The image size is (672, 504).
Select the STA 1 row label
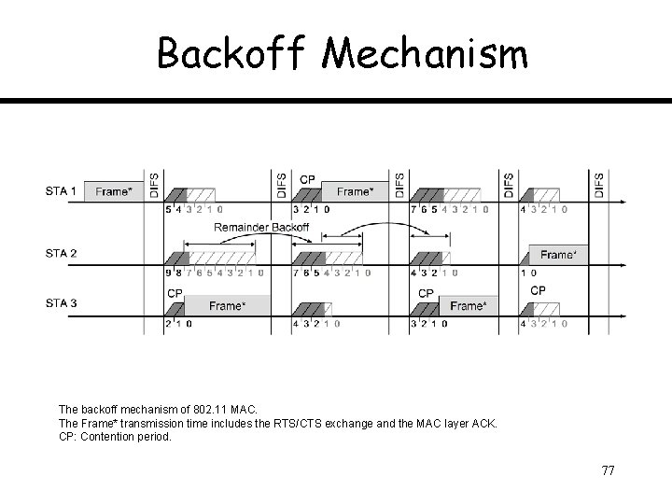pos(62,191)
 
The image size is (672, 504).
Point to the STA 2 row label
pos(62,253)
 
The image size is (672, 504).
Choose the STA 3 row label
pos(62,303)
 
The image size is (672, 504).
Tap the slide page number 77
pos(608,470)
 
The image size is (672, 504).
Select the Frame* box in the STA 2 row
pos(558,255)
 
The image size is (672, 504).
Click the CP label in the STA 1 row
pos(307,179)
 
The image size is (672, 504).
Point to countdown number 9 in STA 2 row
pos(168,273)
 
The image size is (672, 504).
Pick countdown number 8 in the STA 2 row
pos(177,273)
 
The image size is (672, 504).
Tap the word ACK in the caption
pos(485,423)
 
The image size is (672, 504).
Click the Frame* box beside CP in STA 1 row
pos(355,191)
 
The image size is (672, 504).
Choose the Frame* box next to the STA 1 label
pos(114,191)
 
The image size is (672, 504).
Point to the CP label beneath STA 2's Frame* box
pos(538,290)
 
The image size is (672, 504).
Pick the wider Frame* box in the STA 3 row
pos(227,305)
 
